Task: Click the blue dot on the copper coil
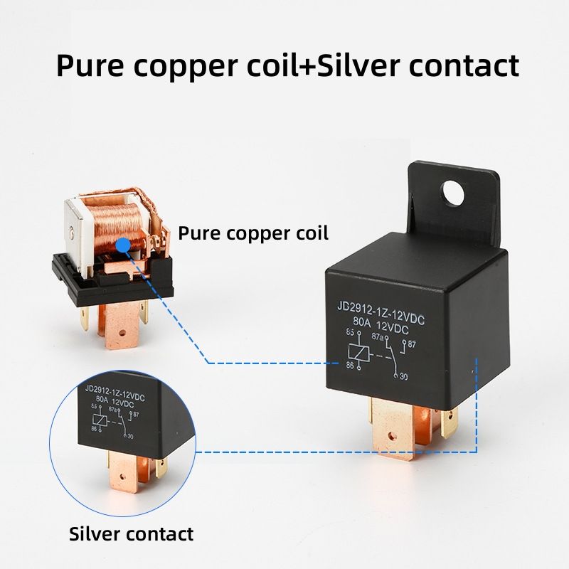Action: point(124,244)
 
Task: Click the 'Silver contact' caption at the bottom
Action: point(131,533)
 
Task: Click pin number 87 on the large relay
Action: point(413,345)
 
